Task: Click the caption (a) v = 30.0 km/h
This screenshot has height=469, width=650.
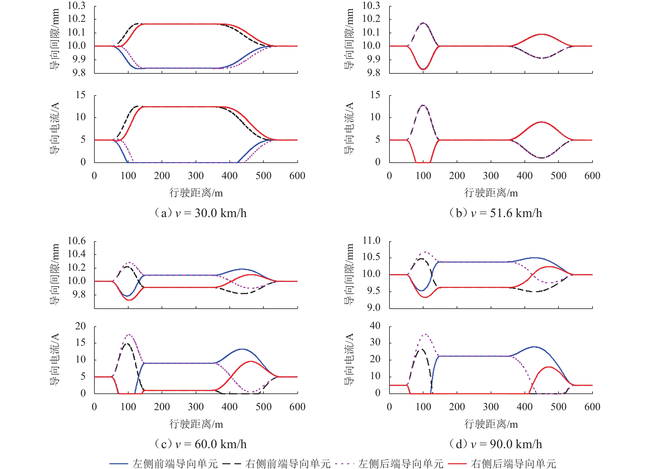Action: [201, 213]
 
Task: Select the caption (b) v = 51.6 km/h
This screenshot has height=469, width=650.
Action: [495, 213]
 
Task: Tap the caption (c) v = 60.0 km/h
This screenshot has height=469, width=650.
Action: [201, 444]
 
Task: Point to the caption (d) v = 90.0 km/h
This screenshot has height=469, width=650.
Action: [495, 444]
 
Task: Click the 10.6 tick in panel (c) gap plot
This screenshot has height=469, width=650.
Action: [77, 241]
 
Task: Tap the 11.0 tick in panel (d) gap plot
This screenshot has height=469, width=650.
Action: [371, 240]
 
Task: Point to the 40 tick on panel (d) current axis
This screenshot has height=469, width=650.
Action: [375, 326]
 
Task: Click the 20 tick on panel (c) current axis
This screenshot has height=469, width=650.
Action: [80, 326]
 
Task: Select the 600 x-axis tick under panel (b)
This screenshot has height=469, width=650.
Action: [592, 176]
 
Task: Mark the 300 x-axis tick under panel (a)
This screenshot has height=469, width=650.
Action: [196, 176]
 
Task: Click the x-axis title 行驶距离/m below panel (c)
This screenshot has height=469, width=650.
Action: [196, 424]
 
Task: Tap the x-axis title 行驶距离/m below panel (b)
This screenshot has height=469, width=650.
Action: [491, 193]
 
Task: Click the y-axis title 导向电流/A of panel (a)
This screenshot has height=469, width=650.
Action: [54, 128]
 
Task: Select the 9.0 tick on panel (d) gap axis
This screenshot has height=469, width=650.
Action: [374, 308]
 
